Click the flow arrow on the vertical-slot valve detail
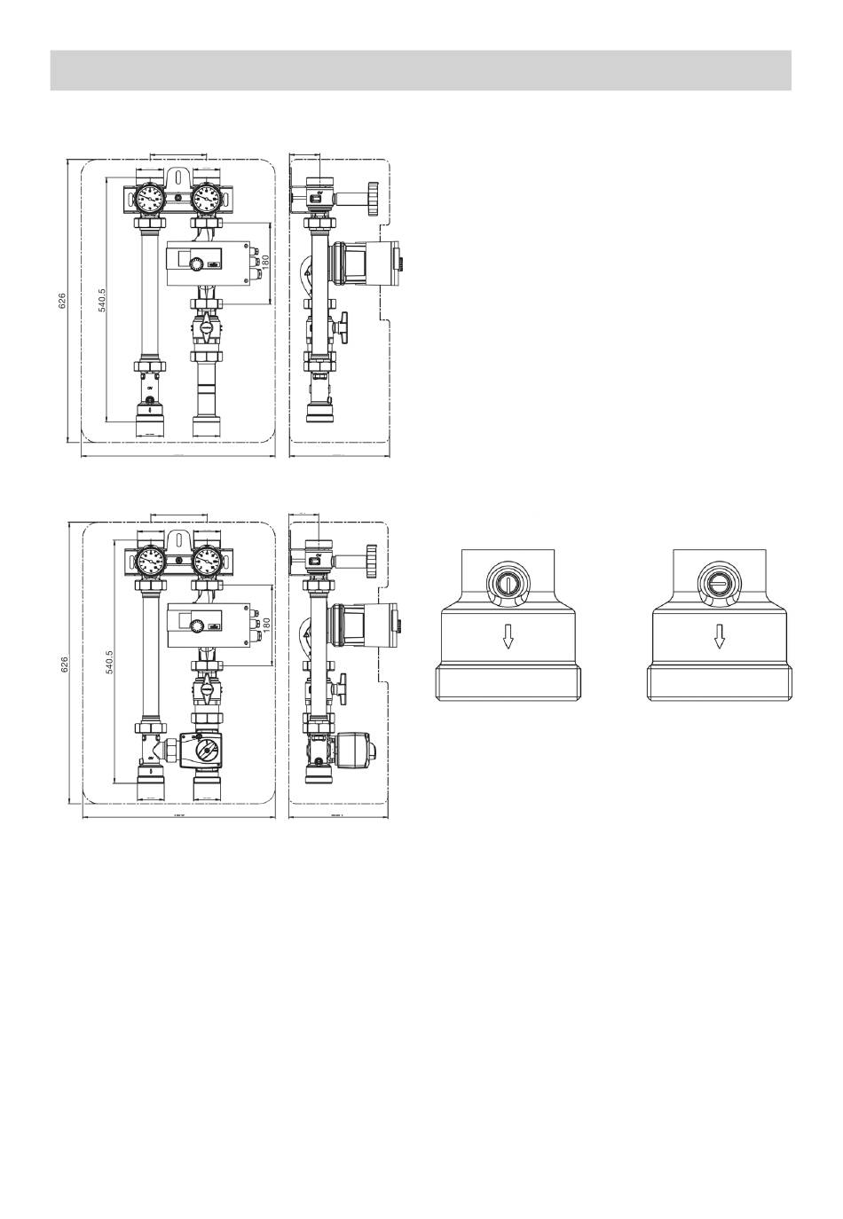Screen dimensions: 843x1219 click(508, 636)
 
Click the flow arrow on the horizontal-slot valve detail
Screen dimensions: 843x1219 click(720, 636)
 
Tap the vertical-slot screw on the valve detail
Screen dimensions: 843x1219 click(508, 583)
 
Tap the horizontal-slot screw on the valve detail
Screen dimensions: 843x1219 click(719, 583)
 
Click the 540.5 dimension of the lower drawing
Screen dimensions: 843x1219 click(111, 661)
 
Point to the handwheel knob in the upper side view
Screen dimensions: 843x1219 click(374, 193)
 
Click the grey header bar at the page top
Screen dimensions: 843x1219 click(421, 70)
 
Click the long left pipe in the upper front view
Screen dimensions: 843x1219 click(148, 294)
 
